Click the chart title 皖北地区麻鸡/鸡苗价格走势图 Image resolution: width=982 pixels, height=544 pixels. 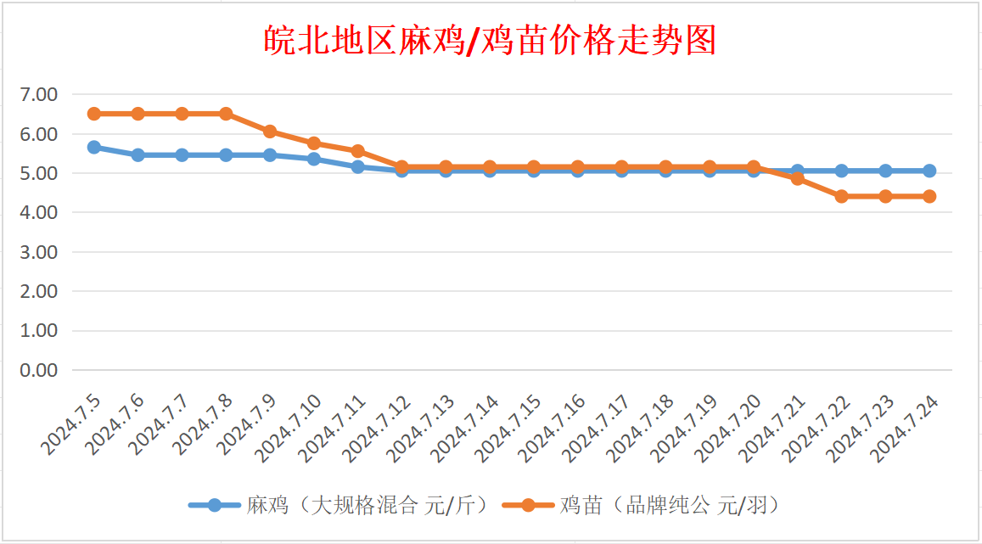pos(491,40)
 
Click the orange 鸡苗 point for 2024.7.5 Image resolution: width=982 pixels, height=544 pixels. pos(94,114)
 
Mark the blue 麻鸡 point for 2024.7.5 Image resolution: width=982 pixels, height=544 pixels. pos(94,148)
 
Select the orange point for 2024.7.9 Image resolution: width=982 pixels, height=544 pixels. pos(270,132)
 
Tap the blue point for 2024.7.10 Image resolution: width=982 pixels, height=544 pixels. pos(314,159)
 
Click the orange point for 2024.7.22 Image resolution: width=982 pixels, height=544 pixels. pos(842,196)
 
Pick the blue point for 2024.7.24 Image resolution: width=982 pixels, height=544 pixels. pos(929,171)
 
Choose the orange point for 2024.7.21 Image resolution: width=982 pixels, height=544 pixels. pos(798,178)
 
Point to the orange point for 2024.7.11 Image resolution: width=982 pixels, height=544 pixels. pos(358,151)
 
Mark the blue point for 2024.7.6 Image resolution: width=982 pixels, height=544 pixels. pos(138,155)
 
